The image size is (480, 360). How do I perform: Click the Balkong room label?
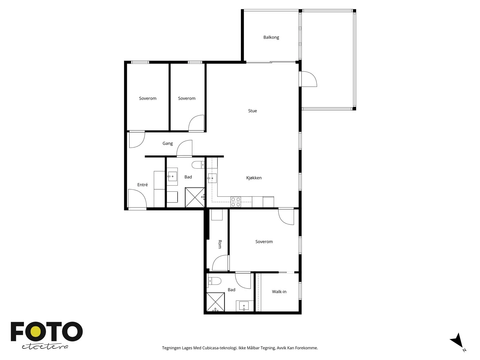[x=271, y=37]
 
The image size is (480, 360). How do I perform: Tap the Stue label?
[x=252, y=111]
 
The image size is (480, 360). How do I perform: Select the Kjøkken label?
[x=254, y=178]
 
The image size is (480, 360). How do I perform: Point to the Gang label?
[x=167, y=143]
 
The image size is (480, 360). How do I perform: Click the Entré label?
[x=142, y=185]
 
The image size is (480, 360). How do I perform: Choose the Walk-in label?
[x=279, y=292]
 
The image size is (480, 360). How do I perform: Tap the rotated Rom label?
[x=220, y=244]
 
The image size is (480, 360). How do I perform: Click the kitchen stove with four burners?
[x=235, y=202]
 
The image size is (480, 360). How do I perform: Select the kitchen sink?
[x=212, y=178]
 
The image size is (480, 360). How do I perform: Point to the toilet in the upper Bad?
[x=198, y=165]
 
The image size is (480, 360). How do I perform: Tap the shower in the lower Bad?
[x=216, y=302]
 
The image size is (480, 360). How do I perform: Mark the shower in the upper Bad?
[x=195, y=197]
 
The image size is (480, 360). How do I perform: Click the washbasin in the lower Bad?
[x=244, y=306]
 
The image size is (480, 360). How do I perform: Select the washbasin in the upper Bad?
[x=172, y=176]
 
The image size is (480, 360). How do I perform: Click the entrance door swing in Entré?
[x=137, y=198]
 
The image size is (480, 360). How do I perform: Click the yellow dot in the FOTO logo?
[x=35, y=331]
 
